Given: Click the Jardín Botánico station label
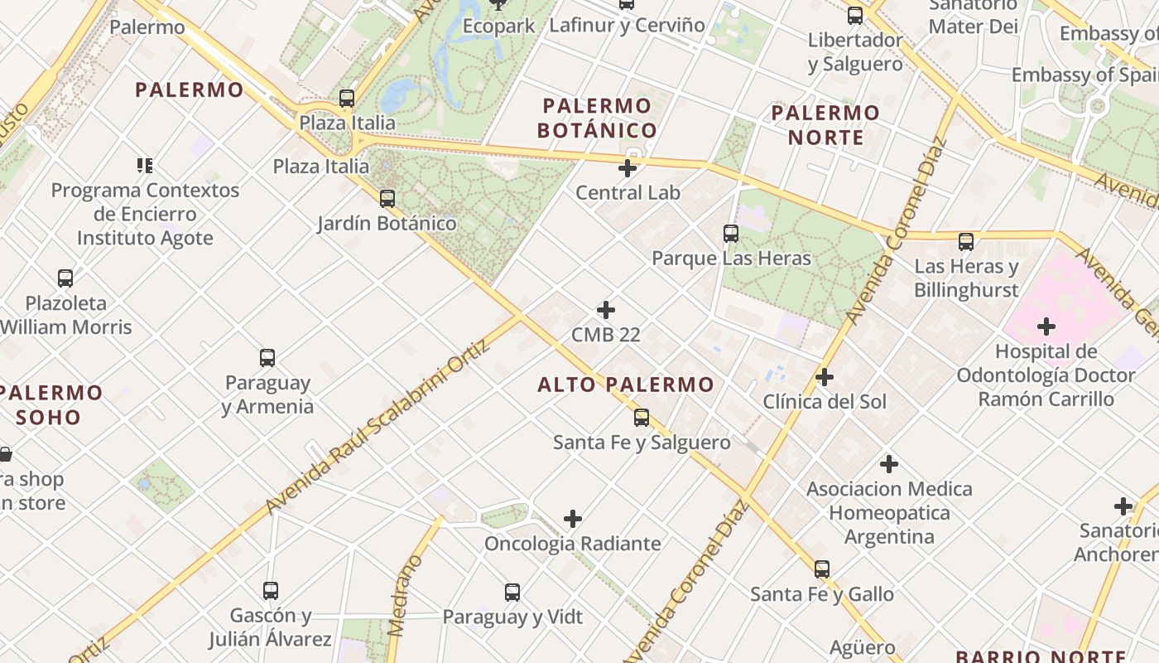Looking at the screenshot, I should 387,223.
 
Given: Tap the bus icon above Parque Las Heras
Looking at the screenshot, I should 730,234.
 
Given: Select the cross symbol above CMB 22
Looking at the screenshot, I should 606,310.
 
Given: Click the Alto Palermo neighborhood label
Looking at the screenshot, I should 625,385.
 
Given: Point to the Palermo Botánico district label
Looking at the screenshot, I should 597,118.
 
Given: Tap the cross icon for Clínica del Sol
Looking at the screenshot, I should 825,377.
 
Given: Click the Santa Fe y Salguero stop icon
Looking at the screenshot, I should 642,418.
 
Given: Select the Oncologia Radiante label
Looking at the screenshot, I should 573,544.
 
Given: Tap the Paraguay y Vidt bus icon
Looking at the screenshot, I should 512,593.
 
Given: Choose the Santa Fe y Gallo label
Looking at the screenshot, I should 822,594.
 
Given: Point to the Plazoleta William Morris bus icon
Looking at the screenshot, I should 65,278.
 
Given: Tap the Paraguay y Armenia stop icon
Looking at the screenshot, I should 267,358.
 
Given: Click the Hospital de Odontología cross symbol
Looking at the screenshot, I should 1046,327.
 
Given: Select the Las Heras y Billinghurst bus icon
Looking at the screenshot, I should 966,242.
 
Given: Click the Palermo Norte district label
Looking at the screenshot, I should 825,124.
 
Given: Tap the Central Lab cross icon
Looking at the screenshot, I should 628,168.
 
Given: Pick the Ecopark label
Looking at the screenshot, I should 498,26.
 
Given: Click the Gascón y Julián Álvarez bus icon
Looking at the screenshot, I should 271,591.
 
